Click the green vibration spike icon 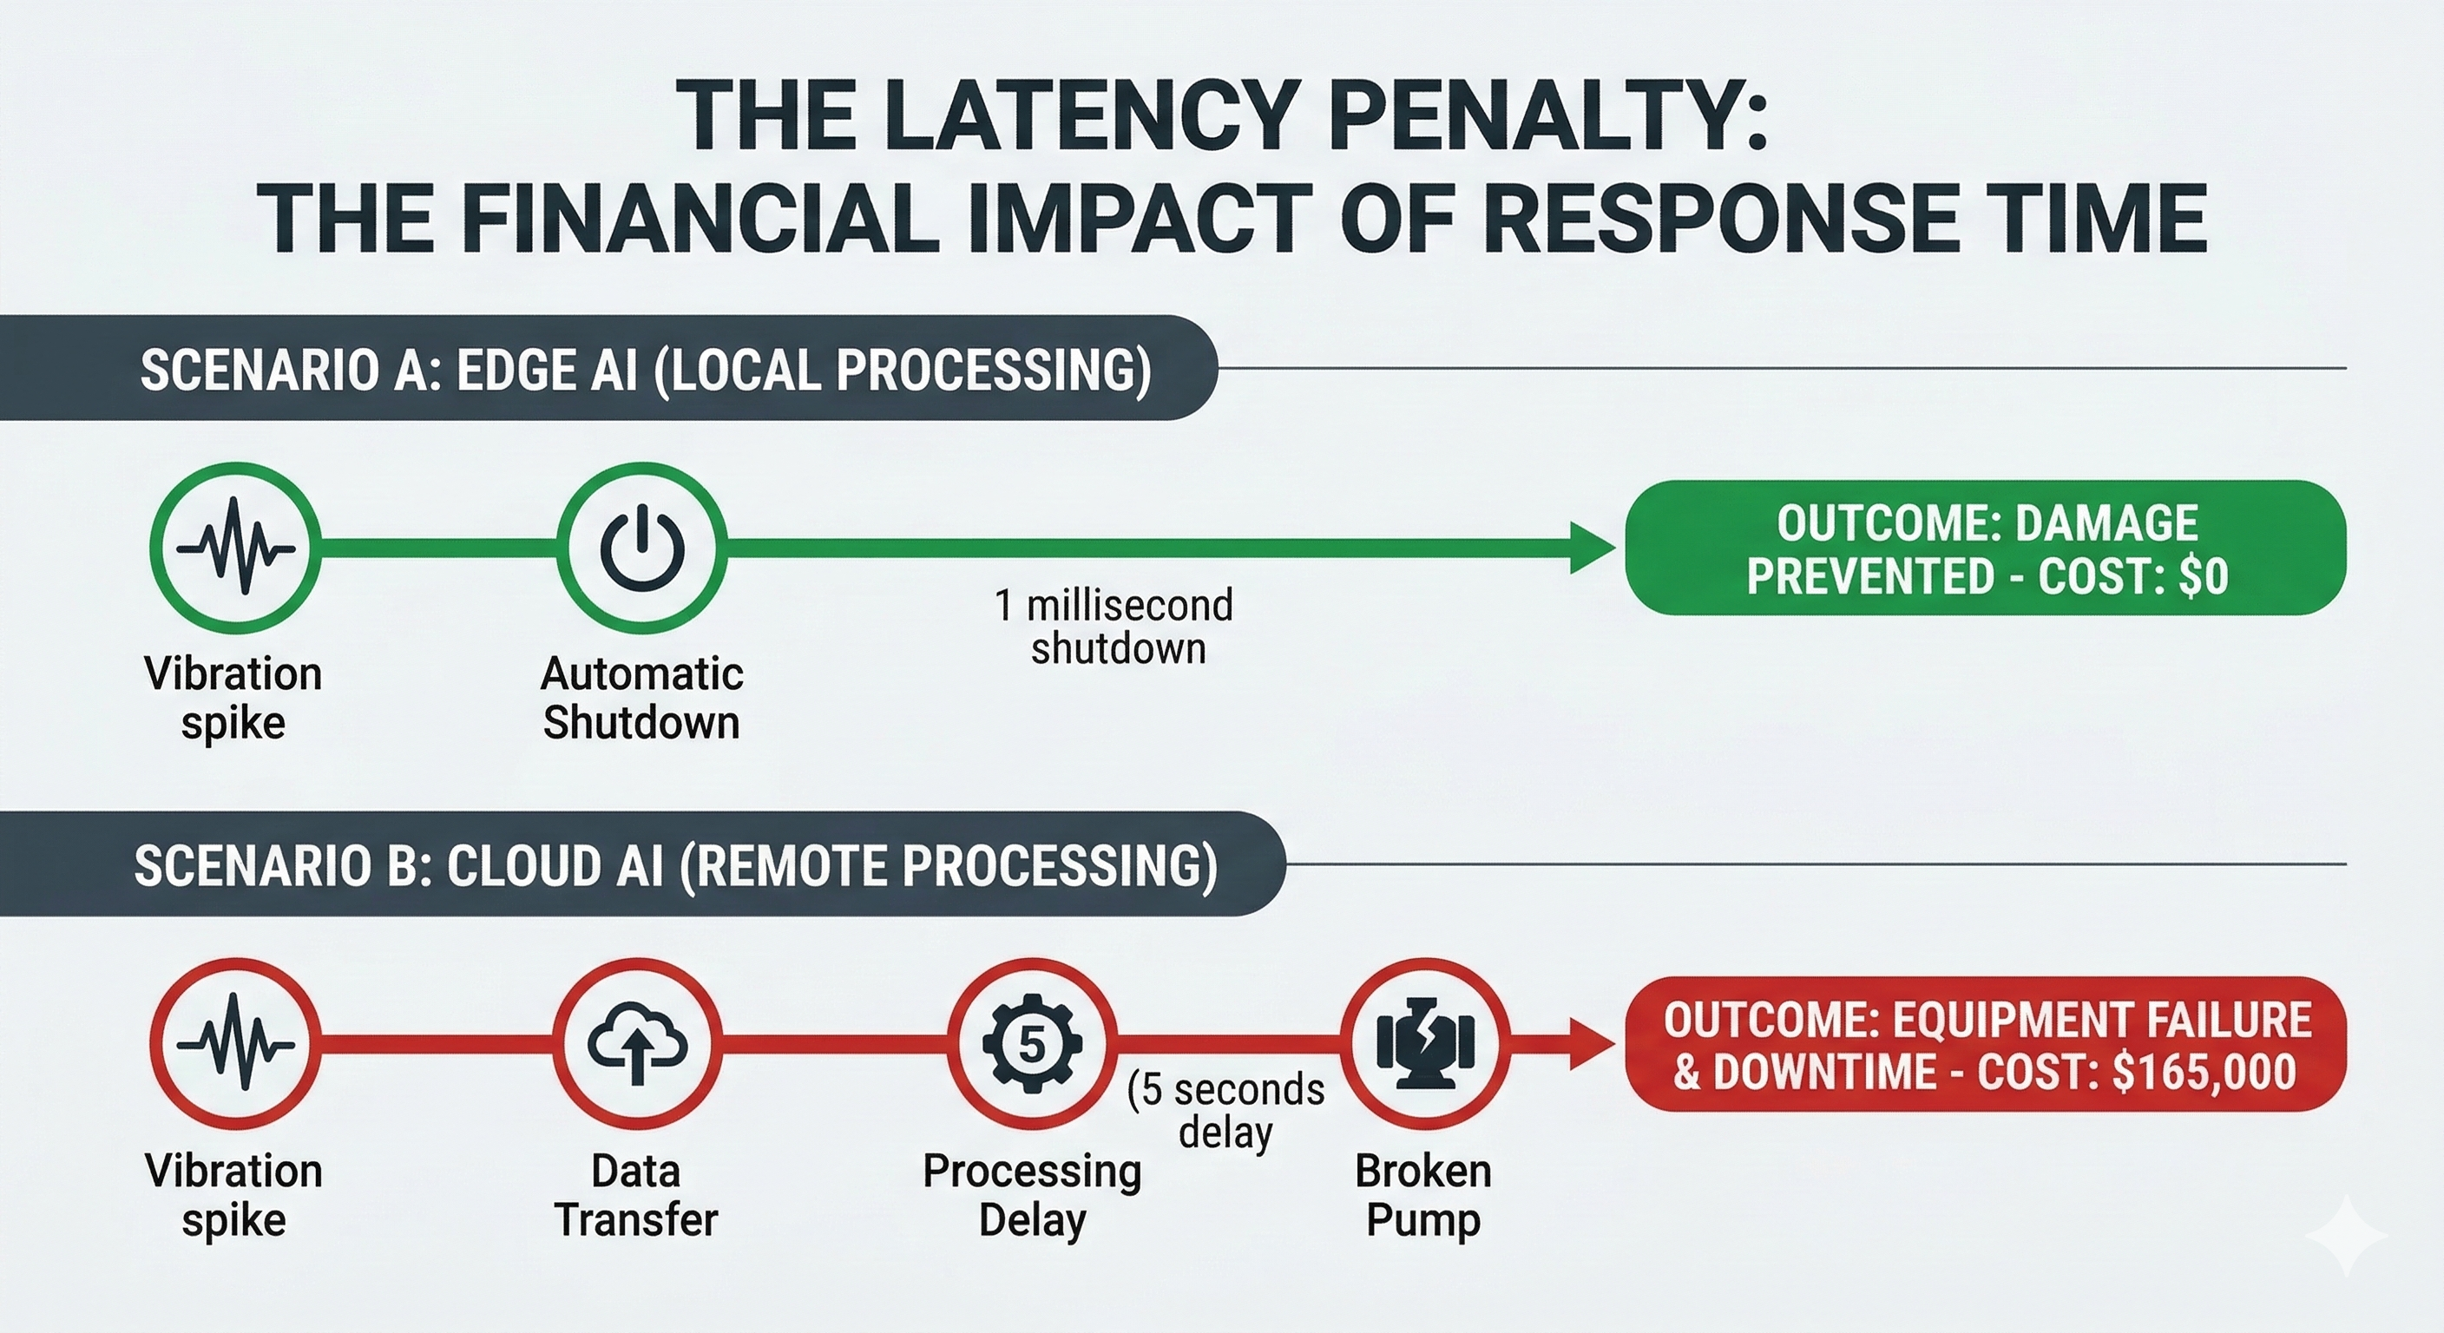tap(235, 548)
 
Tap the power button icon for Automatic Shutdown tap(641, 548)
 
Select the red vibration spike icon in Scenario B tap(235, 1044)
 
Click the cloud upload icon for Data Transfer tap(637, 1044)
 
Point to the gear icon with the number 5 tap(1031, 1044)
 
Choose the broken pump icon tap(1424, 1044)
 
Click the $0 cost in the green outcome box tap(2203, 576)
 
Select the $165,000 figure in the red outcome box tap(2204, 1072)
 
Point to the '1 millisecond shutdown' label tap(1114, 627)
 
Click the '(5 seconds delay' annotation tap(1225, 1110)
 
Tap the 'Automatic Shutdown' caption tap(641, 699)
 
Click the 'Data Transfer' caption tap(637, 1194)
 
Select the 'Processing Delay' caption tap(1031, 1194)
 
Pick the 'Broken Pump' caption tap(1423, 1194)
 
